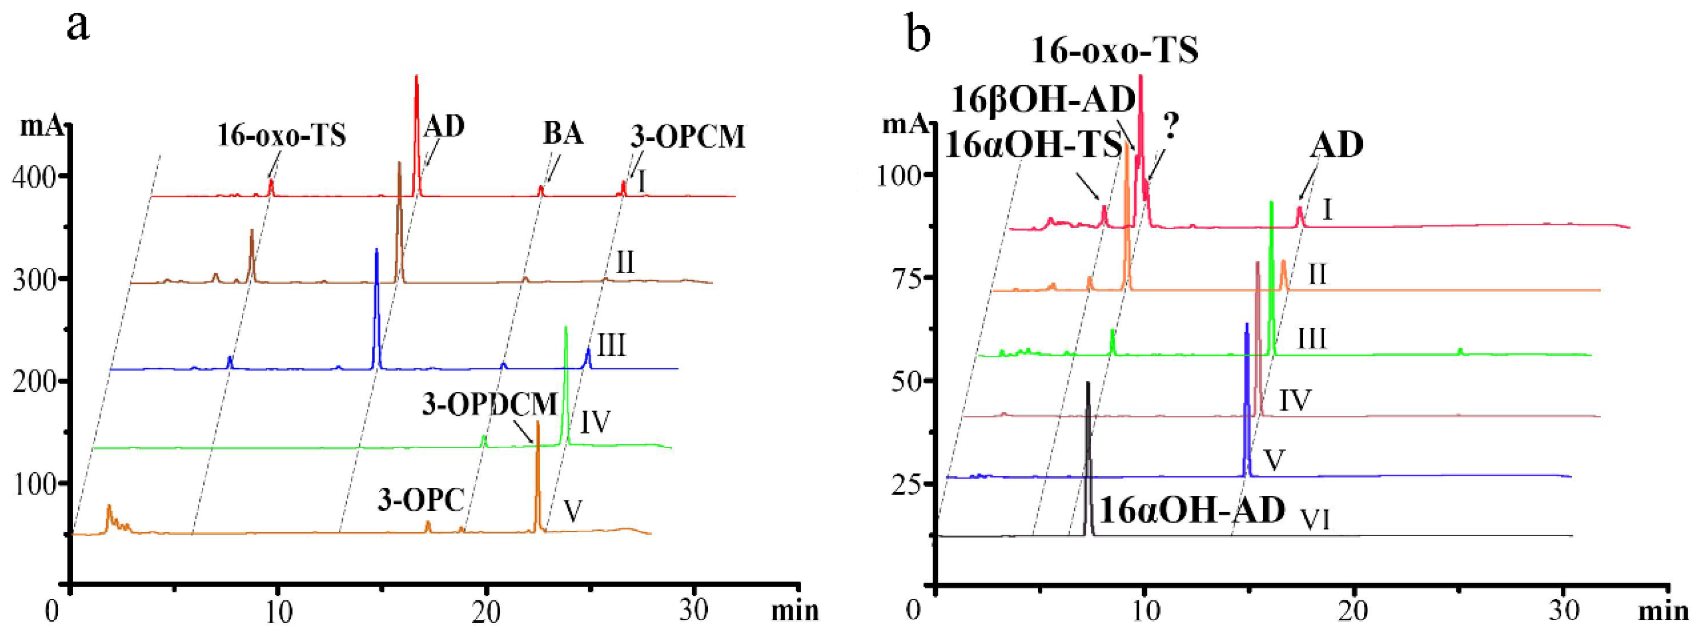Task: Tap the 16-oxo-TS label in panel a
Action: click(x=282, y=136)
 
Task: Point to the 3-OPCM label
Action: click(x=687, y=137)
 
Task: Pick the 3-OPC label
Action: click(x=422, y=501)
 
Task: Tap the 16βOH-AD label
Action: click(x=1043, y=100)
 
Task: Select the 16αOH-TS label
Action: click(x=1032, y=145)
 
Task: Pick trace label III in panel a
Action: click(x=612, y=346)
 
